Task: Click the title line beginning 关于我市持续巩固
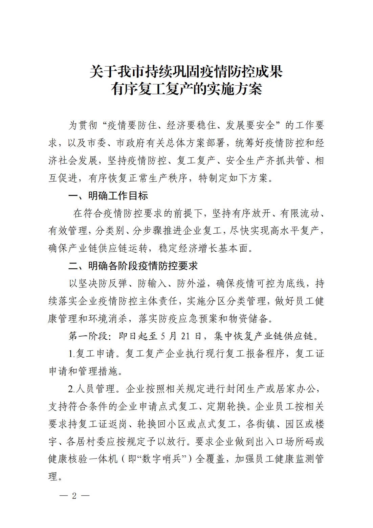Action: (x=186, y=72)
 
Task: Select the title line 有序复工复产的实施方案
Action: (x=186, y=89)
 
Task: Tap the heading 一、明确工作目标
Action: (x=108, y=196)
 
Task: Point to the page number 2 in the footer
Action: (x=74, y=496)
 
